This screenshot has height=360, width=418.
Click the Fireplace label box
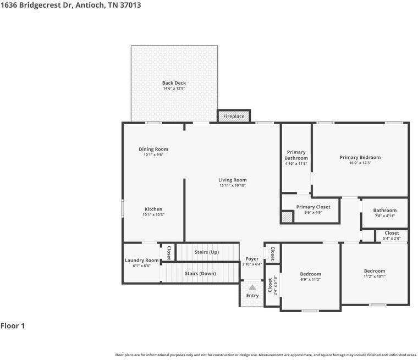click(x=234, y=117)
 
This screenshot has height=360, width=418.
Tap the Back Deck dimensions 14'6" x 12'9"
click(x=174, y=88)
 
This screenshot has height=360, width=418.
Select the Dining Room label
click(x=153, y=149)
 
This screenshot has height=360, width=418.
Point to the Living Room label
click(x=232, y=180)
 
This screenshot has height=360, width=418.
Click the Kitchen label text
click(x=153, y=209)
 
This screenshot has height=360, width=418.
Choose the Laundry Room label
click(x=141, y=260)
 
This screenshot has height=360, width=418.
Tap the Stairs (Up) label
click(x=207, y=252)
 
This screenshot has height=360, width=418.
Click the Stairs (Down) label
click(x=200, y=273)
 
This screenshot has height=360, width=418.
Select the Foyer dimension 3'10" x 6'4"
click(x=252, y=264)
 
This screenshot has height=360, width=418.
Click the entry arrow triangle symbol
click(x=252, y=287)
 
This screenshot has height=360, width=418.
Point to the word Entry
click(x=252, y=296)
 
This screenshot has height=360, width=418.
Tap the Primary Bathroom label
click(x=296, y=155)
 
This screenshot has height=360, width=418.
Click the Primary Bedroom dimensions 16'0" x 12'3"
click(x=360, y=163)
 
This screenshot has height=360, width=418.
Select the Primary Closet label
click(x=313, y=207)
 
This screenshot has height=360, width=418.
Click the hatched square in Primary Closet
click(x=287, y=217)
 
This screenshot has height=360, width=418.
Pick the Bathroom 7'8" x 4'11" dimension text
click(x=384, y=216)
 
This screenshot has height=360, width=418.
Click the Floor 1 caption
click(x=13, y=326)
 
